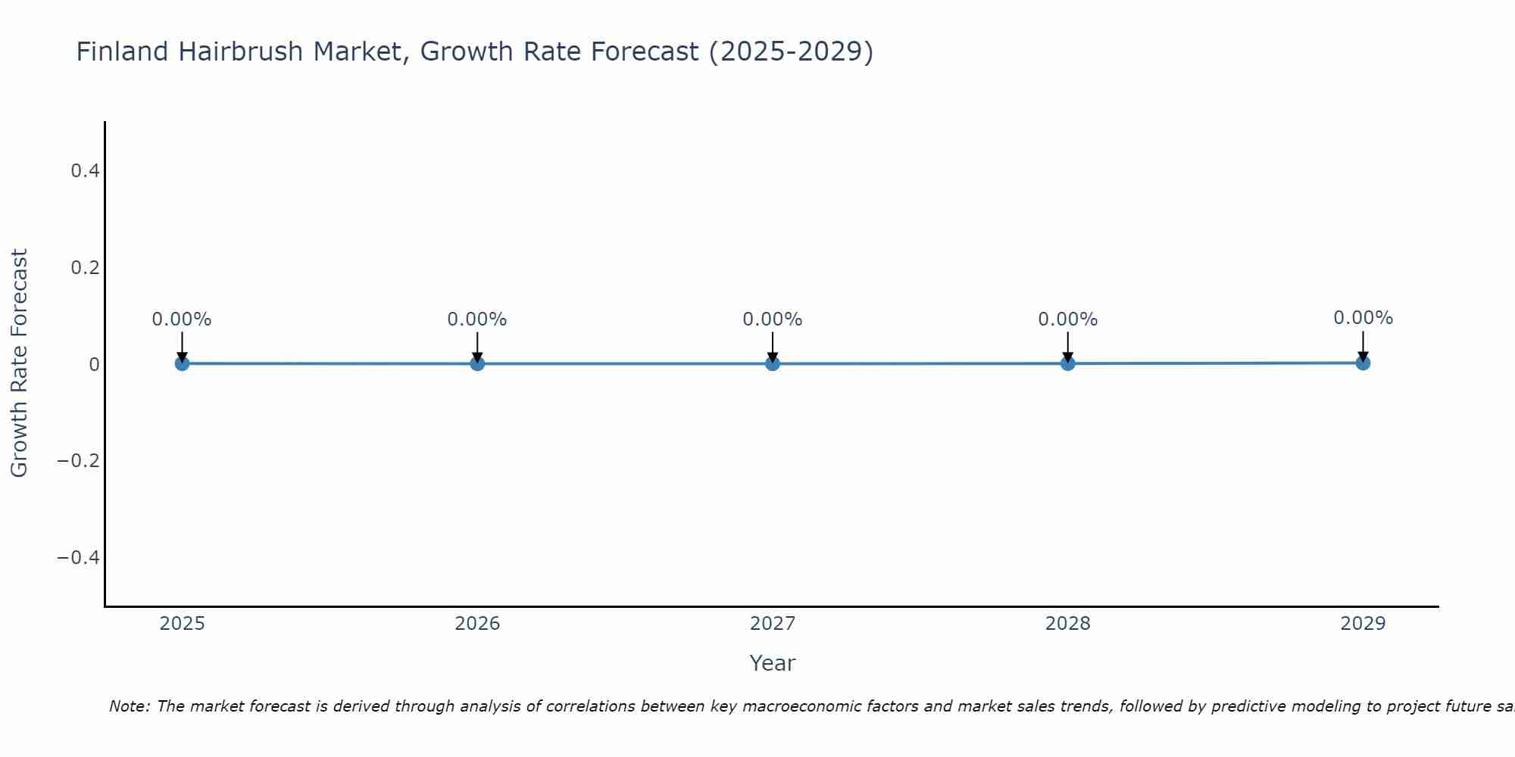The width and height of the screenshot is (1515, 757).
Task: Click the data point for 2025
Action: [x=182, y=363]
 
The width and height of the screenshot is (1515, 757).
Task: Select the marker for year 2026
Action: [x=477, y=363]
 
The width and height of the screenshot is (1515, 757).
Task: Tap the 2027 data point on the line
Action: [x=773, y=363]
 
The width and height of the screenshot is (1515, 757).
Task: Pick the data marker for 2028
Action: [x=1067, y=363]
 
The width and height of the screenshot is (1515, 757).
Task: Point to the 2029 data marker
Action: [x=1363, y=363]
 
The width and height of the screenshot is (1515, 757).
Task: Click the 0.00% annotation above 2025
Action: [x=182, y=319]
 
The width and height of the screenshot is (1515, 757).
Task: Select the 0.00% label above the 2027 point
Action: [x=773, y=319]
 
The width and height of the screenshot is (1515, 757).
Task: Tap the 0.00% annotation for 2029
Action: [x=1363, y=318]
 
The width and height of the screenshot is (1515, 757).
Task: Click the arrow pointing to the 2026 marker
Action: [x=477, y=345]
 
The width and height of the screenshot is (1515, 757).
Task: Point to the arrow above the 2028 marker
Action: [x=1067, y=345]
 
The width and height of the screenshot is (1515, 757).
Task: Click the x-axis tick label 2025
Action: [x=182, y=624]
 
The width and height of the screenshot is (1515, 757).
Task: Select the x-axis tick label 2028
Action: [x=1067, y=624]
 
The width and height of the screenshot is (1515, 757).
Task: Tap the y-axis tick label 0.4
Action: [x=85, y=171]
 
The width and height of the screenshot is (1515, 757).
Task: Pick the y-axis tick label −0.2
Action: [x=79, y=461]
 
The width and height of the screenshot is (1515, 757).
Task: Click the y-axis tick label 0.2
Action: [x=85, y=268]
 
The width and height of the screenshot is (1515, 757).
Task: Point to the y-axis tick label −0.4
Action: [x=79, y=558]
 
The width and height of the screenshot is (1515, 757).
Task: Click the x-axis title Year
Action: [x=772, y=663]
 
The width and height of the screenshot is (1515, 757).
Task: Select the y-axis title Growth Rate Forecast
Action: [x=19, y=363]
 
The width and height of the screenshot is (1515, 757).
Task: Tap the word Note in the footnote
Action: [x=130, y=706]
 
